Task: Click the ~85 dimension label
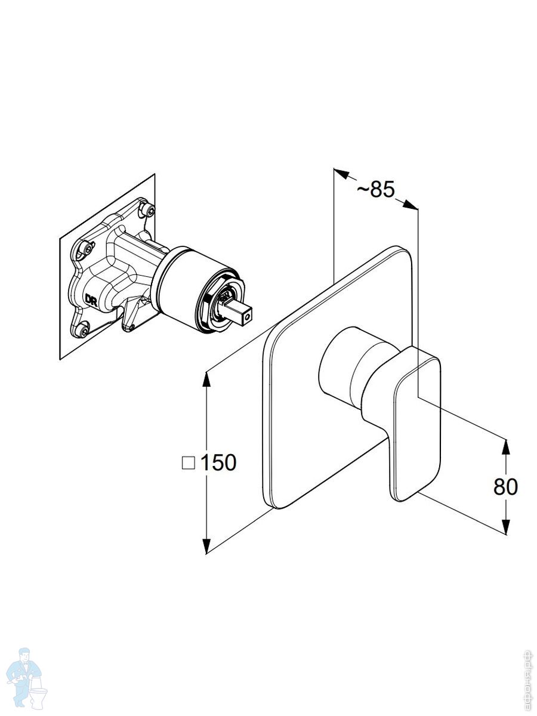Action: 376,189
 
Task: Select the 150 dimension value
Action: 218,462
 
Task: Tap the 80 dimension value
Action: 505,487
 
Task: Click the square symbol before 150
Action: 189,463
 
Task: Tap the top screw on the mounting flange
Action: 149,210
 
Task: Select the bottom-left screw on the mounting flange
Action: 84,329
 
